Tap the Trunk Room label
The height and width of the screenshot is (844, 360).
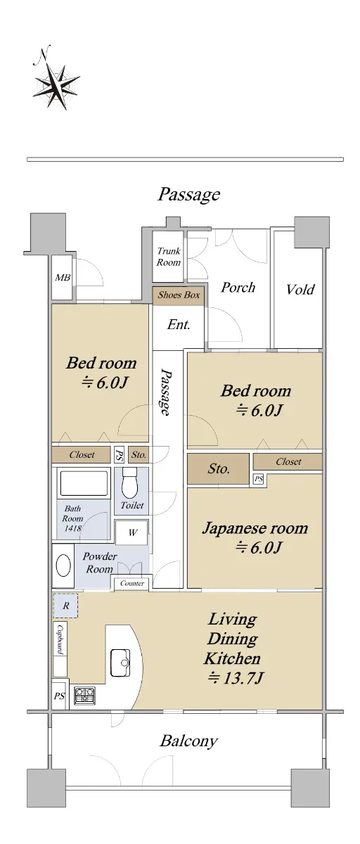coord(168,257)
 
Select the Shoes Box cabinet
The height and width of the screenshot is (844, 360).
coord(178,295)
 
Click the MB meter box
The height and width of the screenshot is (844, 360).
coord(62,278)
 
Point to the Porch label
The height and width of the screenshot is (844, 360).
coord(238,288)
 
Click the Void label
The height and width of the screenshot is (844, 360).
coord(300,289)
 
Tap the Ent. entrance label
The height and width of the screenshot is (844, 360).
coord(179,324)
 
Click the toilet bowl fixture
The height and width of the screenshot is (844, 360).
coord(130,483)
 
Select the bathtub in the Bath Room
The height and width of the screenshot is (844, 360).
coord(84,483)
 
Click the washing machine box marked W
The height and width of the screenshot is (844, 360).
coord(131,533)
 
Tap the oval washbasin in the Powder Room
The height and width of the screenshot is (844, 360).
coord(63,566)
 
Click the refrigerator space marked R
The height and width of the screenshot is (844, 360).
coord(65,606)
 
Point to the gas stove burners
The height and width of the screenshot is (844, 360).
coord(85,695)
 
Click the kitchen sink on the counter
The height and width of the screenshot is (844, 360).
coord(120,663)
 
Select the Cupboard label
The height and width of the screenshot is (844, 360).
coord(60,639)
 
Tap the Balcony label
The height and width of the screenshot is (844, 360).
coord(188,741)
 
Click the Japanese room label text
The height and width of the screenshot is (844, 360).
coord(255,528)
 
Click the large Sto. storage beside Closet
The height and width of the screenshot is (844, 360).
coord(219,469)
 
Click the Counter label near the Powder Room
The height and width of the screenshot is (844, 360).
coord(131,583)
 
